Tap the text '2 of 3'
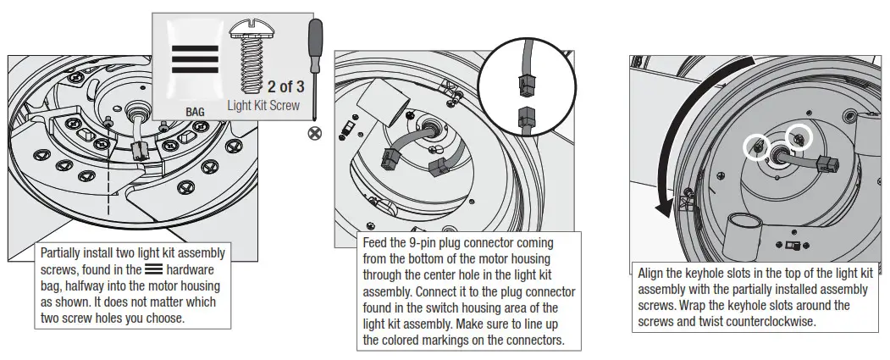click(x=285, y=86)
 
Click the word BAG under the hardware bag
click(x=195, y=111)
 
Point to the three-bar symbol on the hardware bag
click(x=195, y=61)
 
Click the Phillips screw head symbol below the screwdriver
click(x=316, y=133)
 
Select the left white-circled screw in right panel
click(x=757, y=147)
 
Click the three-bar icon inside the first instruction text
click(x=153, y=269)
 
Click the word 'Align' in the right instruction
click(x=655, y=274)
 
